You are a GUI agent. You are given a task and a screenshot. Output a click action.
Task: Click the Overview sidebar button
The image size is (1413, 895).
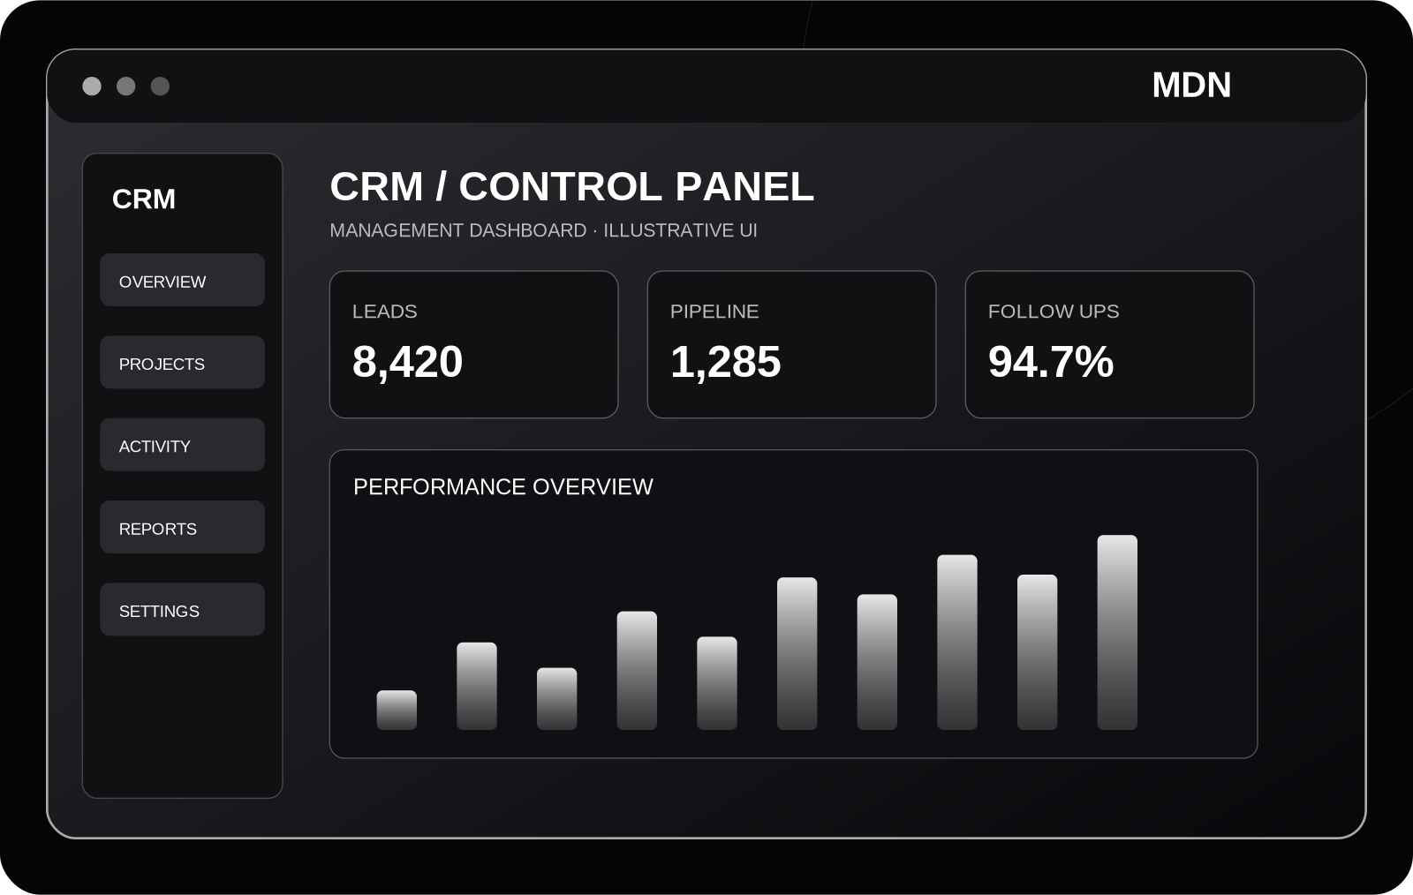(x=182, y=280)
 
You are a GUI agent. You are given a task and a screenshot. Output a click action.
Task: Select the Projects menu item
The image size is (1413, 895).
(x=182, y=363)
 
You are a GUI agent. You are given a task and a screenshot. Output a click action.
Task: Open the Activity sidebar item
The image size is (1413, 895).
(x=182, y=444)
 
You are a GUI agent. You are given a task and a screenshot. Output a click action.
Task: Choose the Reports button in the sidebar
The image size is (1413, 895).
(x=182, y=527)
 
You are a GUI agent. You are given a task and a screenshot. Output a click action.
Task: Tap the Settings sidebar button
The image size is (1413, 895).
(x=182, y=610)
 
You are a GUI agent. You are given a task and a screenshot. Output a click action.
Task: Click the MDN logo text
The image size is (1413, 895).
(x=1191, y=85)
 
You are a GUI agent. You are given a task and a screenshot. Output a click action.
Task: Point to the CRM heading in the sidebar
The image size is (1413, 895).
(x=144, y=199)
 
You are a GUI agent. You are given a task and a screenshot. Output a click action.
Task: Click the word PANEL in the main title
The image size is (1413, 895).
(x=745, y=186)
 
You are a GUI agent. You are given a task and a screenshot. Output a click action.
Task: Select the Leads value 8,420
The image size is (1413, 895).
(x=407, y=363)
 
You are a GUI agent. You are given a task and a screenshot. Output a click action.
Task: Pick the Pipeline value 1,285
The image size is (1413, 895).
(x=725, y=363)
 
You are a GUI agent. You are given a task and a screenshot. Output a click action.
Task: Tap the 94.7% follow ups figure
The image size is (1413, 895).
(x=1051, y=363)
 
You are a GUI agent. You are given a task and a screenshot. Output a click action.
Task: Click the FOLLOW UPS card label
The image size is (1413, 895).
(x=1054, y=312)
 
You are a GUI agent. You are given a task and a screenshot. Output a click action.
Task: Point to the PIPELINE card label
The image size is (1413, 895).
(x=714, y=312)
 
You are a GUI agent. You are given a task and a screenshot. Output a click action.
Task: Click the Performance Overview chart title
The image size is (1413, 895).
(x=503, y=487)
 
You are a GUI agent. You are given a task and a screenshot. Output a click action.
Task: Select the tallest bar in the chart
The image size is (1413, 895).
(x=1117, y=632)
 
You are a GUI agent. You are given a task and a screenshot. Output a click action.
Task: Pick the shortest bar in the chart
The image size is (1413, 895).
(x=397, y=710)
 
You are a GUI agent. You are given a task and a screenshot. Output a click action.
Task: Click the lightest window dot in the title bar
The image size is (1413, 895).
(x=92, y=86)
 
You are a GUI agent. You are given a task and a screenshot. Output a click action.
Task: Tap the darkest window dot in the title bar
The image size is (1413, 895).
(x=160, y=86)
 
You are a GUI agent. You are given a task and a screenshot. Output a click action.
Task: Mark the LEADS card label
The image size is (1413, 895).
(x=385, y=312)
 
